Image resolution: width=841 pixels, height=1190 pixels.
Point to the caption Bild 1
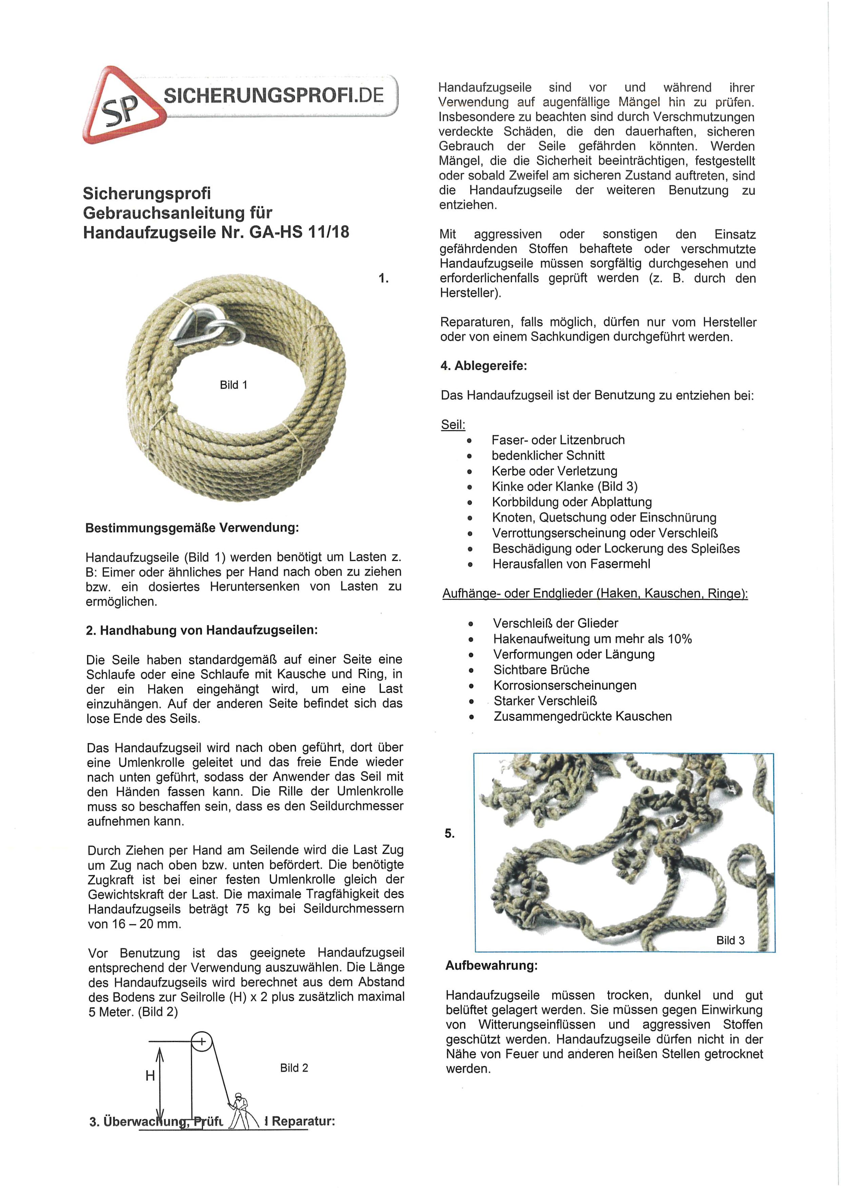tap(233, 385)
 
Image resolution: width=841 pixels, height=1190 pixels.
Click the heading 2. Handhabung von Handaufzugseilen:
tap(201, 630)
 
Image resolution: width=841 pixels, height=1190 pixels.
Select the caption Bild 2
tap(294, 1068)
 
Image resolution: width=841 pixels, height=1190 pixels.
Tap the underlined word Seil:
tap(453, 425)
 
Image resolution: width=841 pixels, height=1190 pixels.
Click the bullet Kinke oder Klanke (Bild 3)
tap(564, 486)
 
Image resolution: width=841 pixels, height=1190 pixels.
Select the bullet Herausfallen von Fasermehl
tap(571, 564)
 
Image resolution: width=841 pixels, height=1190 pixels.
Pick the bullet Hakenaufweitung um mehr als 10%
tap(592, 638)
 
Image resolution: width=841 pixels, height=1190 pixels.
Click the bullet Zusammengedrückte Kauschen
tap(583, 716)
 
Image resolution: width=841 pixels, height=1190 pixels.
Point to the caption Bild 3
tap(730, 940)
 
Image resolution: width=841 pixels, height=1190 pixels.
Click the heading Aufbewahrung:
tap(491, 965)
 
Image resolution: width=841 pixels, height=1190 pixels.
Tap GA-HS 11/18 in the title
tap(299, 232)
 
